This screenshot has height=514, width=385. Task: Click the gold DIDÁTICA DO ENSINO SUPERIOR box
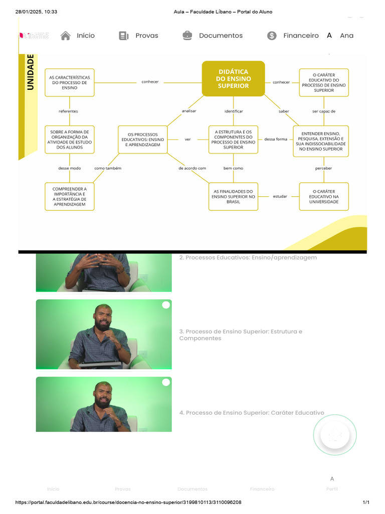tap(233, 79)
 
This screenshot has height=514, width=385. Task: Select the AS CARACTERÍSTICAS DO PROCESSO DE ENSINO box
tap(69, 82)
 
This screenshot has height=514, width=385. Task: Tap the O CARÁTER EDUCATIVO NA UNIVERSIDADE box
tap(323, 196)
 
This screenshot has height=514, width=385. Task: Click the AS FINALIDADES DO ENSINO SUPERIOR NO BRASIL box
tap(233, 196)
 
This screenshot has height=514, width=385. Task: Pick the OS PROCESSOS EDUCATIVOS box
tap(143, 140)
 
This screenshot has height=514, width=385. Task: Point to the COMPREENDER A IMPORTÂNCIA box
tap(69, 196)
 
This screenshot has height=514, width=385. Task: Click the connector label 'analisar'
tap(189, 111)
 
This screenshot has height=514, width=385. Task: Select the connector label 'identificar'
tap(234, 111)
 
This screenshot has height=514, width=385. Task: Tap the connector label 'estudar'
tap(280, 196)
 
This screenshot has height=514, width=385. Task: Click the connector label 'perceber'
tap(323, 168)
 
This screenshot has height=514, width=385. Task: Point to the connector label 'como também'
tap(108, 168)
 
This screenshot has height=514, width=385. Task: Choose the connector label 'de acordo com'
tap(192, 168)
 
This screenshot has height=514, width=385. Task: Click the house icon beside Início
tap(65, 36)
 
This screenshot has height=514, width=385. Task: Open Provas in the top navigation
tap(146, 36)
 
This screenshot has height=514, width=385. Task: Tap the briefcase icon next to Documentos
tap(187, 36)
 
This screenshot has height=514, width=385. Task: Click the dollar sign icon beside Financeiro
tap(272, 36)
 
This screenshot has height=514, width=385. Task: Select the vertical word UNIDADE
tap(31, 72)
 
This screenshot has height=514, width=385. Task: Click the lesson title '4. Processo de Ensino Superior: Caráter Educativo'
tap(252, 413)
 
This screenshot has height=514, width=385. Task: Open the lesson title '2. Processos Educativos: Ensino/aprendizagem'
tap(248, 258)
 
